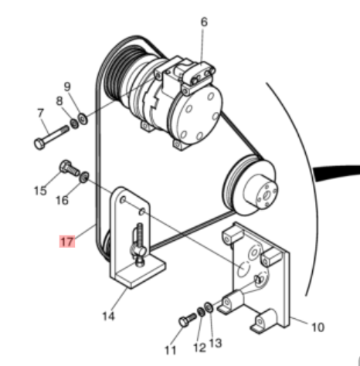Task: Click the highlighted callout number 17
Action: pyautogui.click(x=67, y=242)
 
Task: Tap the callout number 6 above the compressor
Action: pyautogui.click(x=204, y=22)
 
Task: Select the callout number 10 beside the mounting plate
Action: pyautogui.click(x=318, y=327)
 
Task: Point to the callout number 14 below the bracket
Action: pyautogui.click(x=108, y=316)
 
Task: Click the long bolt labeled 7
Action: pyautogui.click(x=51, y=137)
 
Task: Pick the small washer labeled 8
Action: pyautogui.click(x=74, y=124)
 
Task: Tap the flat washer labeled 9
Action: pyautogui.click(x=83, y=119)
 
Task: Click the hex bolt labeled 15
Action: pyautogui.click(x=69, y=168)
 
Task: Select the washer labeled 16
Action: pyautogui.click(x=84, y=177)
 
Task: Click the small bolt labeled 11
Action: pyautogui.click(x=187, y=320)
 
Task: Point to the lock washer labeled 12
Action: pyautogui.click(x=201, y=312)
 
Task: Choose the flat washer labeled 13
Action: pyautogui.click(x=209, y=307)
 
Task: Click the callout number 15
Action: pyautogui.click(x=40, y=191)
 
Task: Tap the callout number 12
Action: pyautogui.click(x=199, y=347)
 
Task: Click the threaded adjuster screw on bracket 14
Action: pyautogui.click(x=139, y=244)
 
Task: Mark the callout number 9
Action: pyautogui.click(x=67, y=86)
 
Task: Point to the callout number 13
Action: pyautogui.click(x=216, y=343)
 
